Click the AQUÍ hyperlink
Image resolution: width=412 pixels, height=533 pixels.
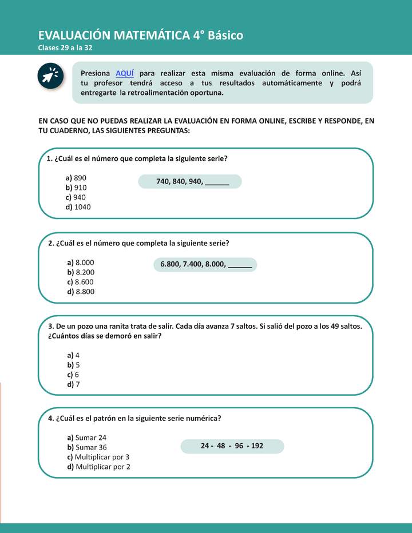tap(125, 73)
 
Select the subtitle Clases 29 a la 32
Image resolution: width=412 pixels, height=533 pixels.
tap(65, 47)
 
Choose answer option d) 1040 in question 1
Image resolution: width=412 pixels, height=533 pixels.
tap(78, 207)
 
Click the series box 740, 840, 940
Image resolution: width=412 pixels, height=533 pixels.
tap(190, 181)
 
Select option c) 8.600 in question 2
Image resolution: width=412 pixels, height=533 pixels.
tap(81, 282)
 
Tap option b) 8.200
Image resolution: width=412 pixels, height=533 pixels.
tap(81, 272)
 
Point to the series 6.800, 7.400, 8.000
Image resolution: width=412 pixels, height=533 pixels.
tap(205, 265)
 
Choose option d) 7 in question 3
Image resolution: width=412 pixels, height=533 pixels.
tap(74, 384)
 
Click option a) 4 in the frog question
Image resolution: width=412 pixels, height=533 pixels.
tap(74, 355)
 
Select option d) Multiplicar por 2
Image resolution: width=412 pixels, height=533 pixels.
tap(99, 467)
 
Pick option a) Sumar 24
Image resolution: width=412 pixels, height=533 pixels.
tap(87, 437)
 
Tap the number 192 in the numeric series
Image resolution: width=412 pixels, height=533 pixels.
tap(257, 446)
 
